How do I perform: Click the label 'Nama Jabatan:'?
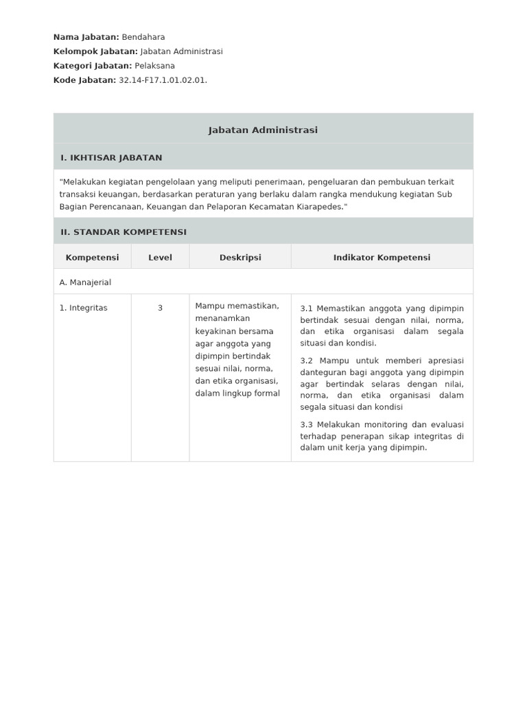click(x=86, y=37)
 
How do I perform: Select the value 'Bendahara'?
click(x=143, y=37)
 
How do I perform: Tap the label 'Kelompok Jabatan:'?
click(x=95, y=51)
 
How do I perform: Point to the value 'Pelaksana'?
click(x=154, y=66)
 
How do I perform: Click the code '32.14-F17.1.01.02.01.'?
click(x=163, y=80)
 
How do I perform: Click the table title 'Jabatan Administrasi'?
click(x=263, y=130)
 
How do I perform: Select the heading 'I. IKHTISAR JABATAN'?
click(x=111, y=158)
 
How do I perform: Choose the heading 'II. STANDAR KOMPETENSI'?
click(x=123, y=232)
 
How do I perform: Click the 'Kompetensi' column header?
click(x=92, y=257)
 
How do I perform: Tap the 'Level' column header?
click(x=160, y=257)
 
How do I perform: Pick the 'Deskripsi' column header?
click(x=240, y=257)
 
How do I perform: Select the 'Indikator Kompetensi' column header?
click(x=382, y=257)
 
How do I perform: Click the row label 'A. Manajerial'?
click(x=85, y=282)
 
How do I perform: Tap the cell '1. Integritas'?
click(x=83, y=308)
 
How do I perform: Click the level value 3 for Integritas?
click(x=160, y=308)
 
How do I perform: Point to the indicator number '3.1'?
click(x=307, y=308)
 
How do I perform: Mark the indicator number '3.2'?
click(x=307, y=361)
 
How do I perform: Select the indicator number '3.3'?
click(x=307, y=424)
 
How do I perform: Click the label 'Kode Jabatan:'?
click(x=84, y=80)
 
